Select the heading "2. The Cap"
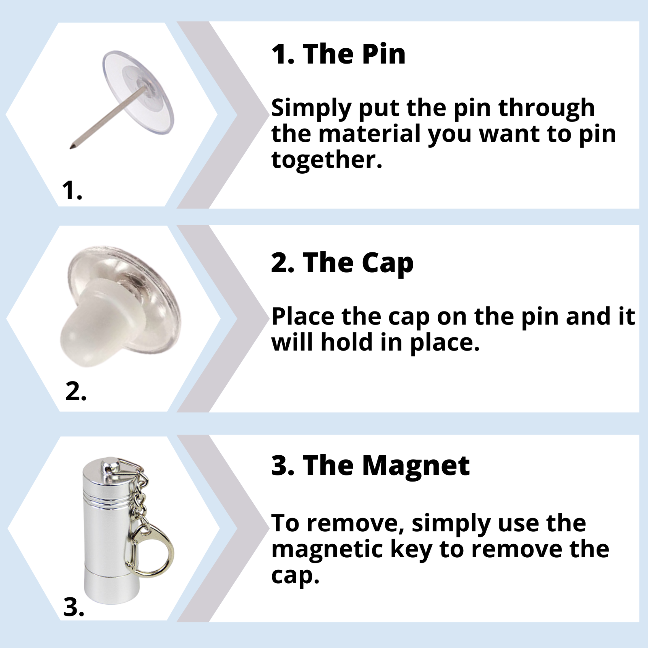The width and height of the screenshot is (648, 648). [342, 263]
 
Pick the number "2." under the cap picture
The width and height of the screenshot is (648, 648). [76, 392]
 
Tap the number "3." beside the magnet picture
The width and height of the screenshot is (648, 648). [74, 607]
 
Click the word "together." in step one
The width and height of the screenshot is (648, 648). [326, 160]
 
